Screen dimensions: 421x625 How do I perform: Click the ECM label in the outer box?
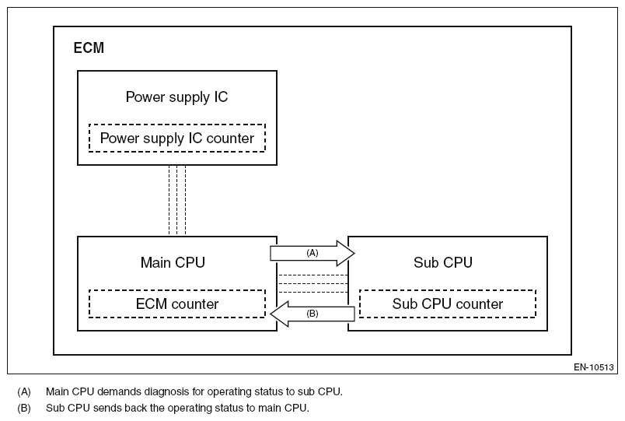[x=89, y=48]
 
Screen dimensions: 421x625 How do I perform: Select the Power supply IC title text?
[x=176, y=97]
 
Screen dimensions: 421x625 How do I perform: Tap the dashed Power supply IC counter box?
[x=177, y=139]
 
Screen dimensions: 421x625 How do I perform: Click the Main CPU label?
[x=173, y=262]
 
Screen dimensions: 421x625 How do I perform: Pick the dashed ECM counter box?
[x=177, y=303]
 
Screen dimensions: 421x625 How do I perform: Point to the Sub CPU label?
[x=443, y=262]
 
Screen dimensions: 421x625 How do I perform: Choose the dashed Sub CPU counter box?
[x=447, y=303]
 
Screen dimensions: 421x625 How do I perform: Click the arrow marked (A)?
[x=312, y=254]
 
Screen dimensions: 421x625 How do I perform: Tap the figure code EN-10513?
[x=594, y=367]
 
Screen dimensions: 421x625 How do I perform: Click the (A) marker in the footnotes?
[x=24, y=391]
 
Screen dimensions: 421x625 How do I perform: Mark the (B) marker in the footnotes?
[x=24, y=408]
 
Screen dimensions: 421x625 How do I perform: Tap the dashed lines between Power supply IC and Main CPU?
[x=177, y=199]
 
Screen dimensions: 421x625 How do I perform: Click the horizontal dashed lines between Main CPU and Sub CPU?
[x=312, y=285]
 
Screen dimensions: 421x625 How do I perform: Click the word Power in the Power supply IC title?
[x=144, y=97]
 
